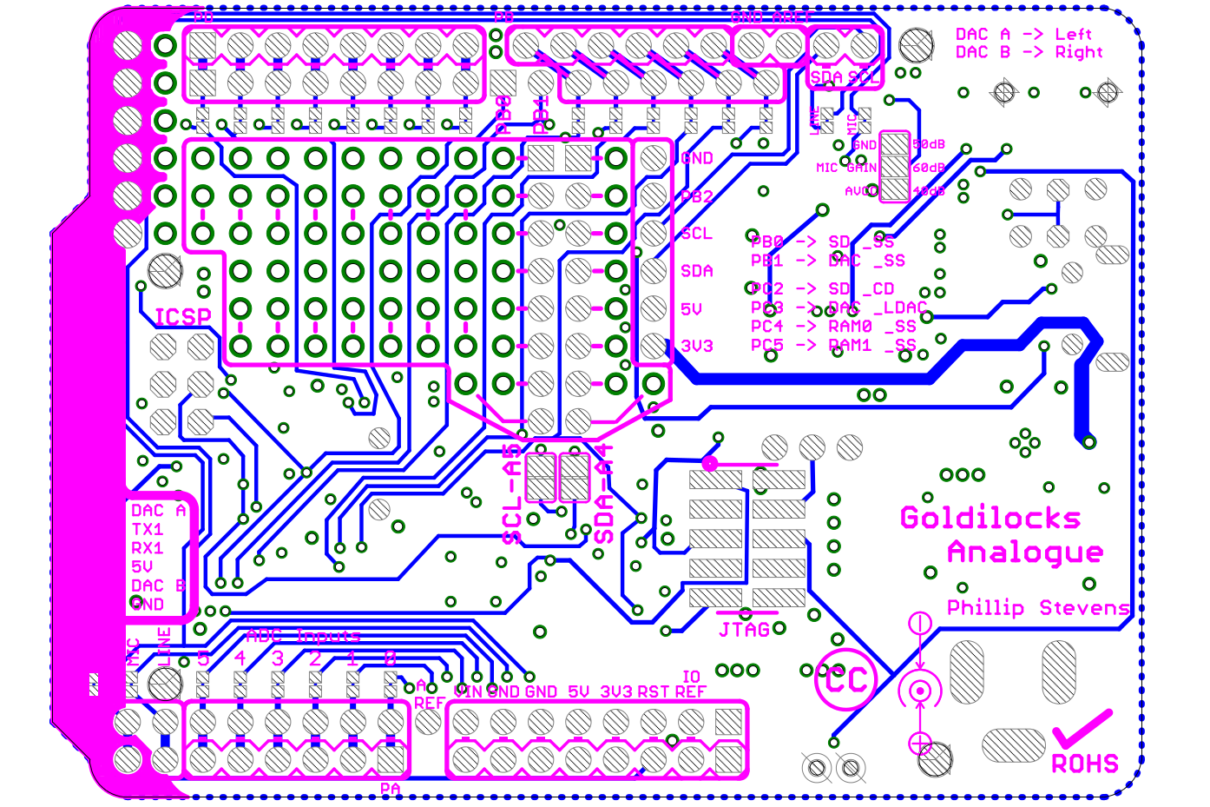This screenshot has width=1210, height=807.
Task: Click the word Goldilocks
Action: pos(990,519)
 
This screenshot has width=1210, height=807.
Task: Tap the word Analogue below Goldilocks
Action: pos(1025,552)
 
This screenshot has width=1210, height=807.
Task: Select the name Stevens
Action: pos(1085,608)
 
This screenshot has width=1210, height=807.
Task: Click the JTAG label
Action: pos(744,630)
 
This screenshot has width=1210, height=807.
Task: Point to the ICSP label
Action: pos(182,317)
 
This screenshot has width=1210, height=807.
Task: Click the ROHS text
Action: pos(1085,764)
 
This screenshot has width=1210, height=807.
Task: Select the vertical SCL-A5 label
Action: pos(513,495)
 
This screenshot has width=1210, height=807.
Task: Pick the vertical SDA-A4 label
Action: pos(604,495)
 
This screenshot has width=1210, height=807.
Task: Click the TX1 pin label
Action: pos(148,529)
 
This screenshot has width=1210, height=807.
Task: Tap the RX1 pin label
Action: pos(148,548)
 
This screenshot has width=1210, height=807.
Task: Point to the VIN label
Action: pos(468,692)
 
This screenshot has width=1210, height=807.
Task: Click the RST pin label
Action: pos(654,692)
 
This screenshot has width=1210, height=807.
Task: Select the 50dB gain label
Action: pos(929,144)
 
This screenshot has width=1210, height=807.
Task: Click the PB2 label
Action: pos(696,196)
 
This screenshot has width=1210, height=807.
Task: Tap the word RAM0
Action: pos(850,327)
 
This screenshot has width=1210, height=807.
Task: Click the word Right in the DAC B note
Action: pos(1079,52)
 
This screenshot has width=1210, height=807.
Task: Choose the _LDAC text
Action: pos(901,308)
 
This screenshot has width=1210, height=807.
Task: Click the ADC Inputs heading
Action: pos(303,636)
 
